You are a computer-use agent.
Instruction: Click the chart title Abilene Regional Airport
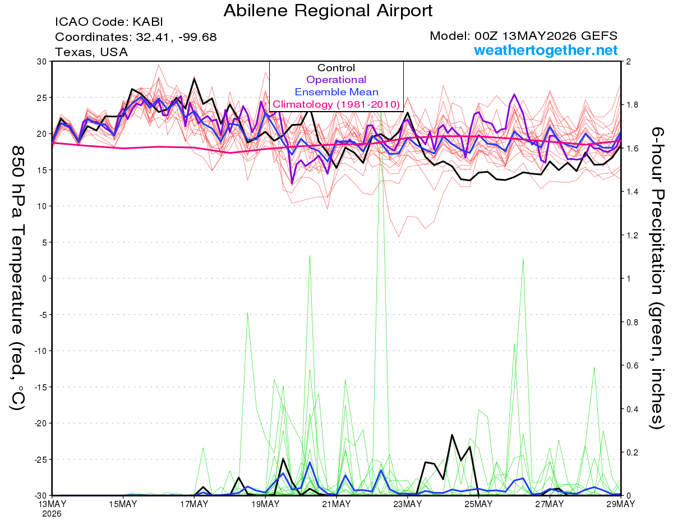[x=328, y=11]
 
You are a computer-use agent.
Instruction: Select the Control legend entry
[x=336, y=67]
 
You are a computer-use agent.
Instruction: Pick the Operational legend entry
[x=336, y=80]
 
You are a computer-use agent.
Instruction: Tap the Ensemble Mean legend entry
[x=336, y=92]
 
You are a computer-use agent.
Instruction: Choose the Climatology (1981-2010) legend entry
[x=336, y=104]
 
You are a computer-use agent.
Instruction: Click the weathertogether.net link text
[x=546, y=50]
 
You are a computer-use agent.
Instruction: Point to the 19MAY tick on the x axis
[x=265, y=504]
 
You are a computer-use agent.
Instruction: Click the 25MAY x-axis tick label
[x=478, y=504]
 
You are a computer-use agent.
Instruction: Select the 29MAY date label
[x=620, y=504]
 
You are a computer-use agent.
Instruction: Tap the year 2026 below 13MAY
[x=52, y=514]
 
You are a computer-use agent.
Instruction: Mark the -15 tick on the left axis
[x=40, y=387]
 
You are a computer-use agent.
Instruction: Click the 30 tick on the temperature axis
[x=42, y=61]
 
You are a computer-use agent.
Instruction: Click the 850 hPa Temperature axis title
[x=17, y=278]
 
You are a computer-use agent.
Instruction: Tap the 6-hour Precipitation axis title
[x=657, y=278]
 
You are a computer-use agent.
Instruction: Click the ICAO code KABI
[x=109, y=22]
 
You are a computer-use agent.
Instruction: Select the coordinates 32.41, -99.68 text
[x=136, y=37]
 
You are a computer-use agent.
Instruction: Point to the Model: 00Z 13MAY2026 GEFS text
[x=523, y=36]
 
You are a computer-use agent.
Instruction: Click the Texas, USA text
[x=91, y=52]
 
